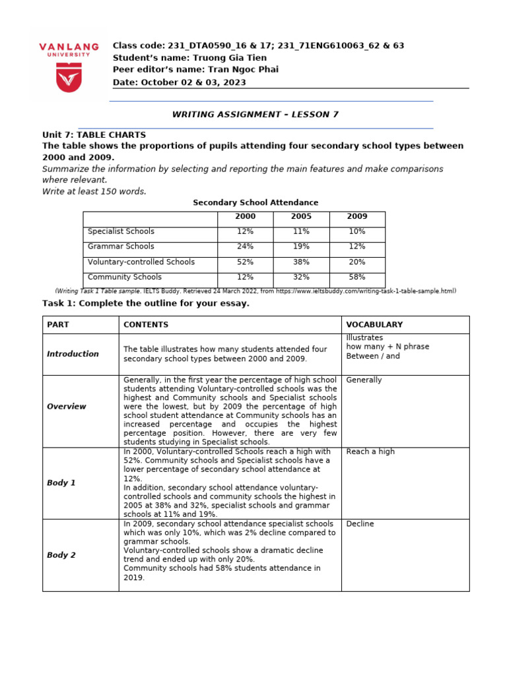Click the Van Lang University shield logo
(69, 79)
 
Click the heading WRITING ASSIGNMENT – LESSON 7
(255, 115)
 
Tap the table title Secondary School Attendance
(255, 202)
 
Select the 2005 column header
(301, 217)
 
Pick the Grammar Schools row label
(121, 247)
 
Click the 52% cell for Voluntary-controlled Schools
(245, 262)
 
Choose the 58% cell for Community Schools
(357, 278)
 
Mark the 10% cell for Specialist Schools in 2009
(357, 232)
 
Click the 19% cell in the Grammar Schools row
(301, 247)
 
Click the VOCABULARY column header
(374, 325)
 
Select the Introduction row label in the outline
(73, 354)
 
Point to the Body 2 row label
(61, 555)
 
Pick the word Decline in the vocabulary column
(360, 524)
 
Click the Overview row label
(67, 407)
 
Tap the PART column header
(57, 325)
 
